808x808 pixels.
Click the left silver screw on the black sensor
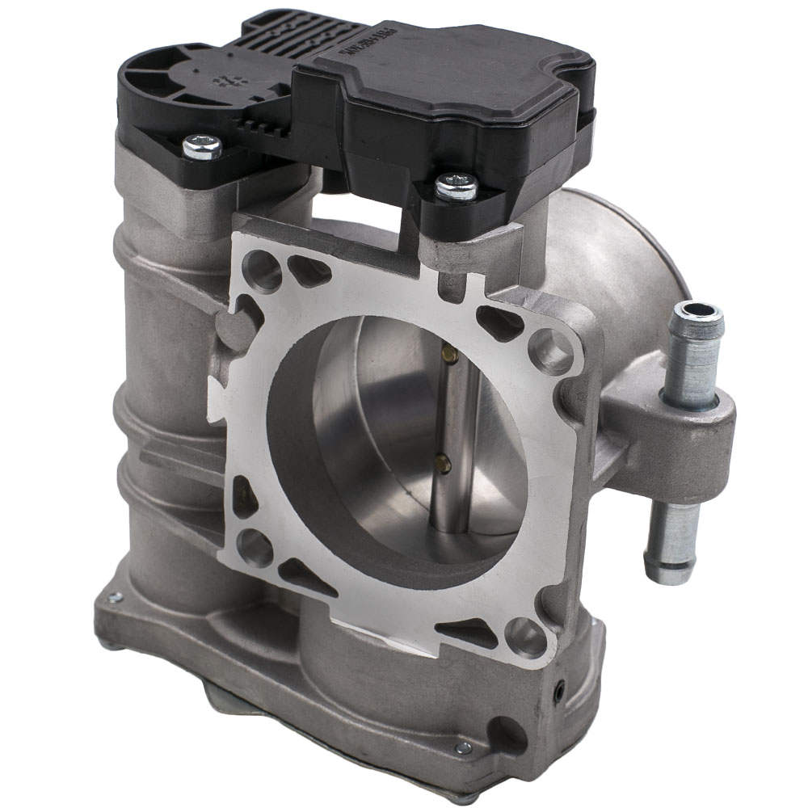point(202,146)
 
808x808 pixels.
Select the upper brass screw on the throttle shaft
point(449,353)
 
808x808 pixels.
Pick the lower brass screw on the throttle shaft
point(443,463)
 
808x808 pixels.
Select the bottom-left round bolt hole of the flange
point(255,547)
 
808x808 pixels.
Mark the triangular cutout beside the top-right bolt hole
point(501,323)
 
